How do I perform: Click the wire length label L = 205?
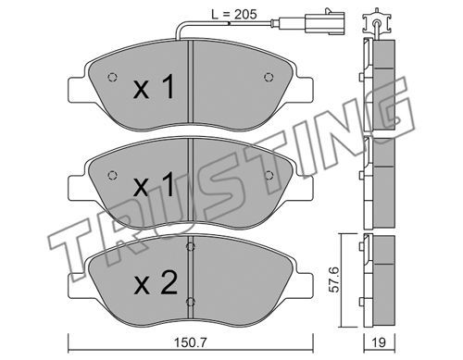(234, 14)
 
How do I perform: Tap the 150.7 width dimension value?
(191, 342)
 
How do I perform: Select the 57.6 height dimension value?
(334, 279)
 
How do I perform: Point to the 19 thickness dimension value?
(379, 342)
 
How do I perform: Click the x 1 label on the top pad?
(154, 88)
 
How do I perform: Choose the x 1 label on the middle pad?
(154, 184)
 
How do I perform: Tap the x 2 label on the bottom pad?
(156, 282)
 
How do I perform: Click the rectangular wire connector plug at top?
(324, 22)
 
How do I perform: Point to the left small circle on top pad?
(112, 77)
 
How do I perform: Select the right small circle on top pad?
(269, 77)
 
